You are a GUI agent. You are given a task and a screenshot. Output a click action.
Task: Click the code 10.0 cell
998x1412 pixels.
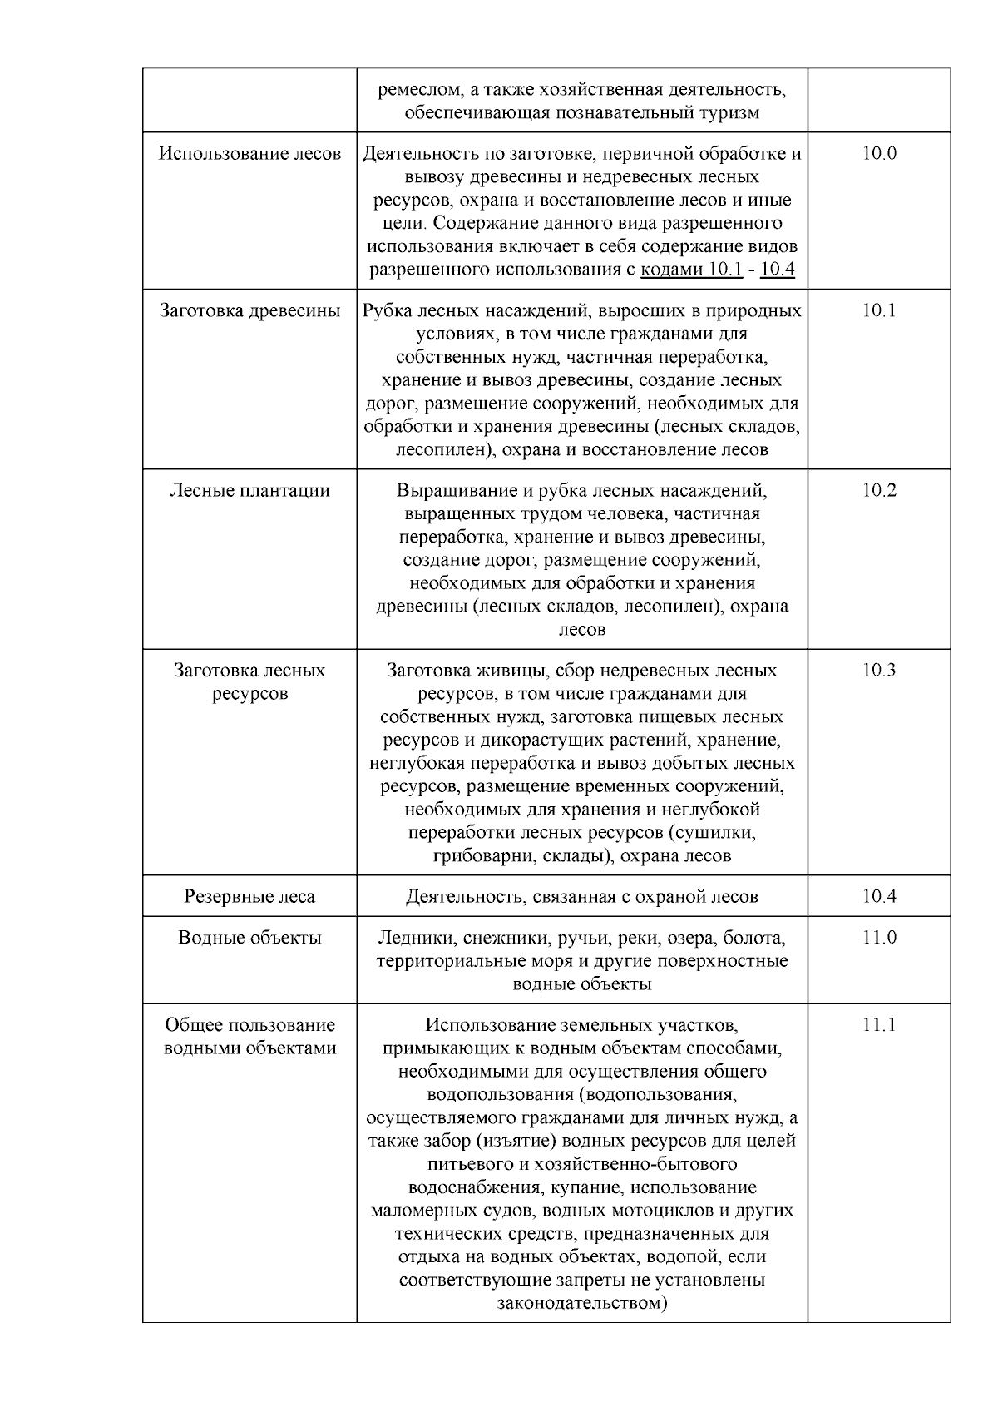(879, 154)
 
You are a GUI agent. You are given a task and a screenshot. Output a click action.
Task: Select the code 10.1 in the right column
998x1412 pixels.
(879, 311)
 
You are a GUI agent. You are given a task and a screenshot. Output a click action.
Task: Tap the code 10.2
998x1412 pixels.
(879, 491)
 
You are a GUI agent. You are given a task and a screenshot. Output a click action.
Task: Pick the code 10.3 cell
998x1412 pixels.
(879, 671)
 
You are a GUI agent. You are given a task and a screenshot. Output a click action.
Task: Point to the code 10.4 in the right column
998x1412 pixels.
(879, 897)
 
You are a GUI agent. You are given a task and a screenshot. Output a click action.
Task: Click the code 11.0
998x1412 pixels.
(879, 938)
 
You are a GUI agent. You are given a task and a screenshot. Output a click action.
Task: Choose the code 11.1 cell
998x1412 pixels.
(879, 1025)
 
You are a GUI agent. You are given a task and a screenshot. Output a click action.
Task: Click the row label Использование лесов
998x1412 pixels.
(249, 154)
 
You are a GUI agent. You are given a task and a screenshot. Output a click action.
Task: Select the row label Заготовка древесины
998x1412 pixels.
(249, 311)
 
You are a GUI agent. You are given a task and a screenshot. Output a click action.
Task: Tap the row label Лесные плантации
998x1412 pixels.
(249, 491)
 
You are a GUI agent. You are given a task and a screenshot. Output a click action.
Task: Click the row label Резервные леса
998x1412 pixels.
(249, 897)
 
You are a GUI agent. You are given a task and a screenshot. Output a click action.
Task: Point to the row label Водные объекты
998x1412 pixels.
(249, 938)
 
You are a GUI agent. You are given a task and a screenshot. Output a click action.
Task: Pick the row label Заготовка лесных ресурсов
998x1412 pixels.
(249, 682)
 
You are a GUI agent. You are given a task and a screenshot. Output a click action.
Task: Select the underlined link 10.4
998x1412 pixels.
(778, 270)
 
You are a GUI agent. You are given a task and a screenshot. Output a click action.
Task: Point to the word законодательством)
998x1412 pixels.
(582, 1303)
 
